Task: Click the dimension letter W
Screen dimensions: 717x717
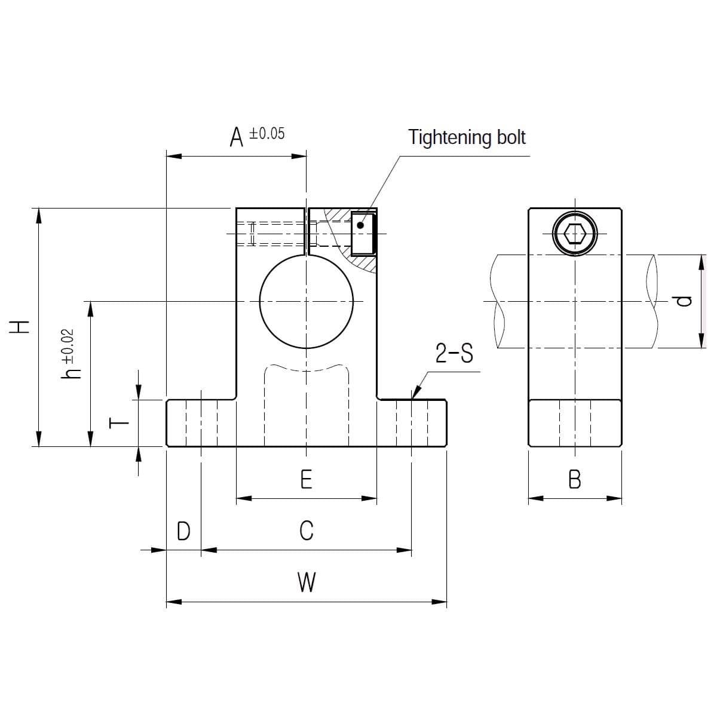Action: click(x=307, y=583)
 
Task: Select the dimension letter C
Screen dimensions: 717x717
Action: click(x=307, y=531)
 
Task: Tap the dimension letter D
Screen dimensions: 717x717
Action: click(x=183, y=531)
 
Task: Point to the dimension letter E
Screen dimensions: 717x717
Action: click(x=307, y=479)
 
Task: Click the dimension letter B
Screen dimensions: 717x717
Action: click(x=575, y=479)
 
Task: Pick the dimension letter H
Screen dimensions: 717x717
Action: click(x=19, y=327)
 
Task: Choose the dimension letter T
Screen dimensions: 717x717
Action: click(x=119, y=422)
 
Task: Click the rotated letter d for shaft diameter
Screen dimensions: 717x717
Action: click(x=684, y=301)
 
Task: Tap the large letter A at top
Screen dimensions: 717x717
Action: click(x=236, y=137)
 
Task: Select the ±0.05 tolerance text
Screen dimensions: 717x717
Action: click(x=266, y=134)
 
